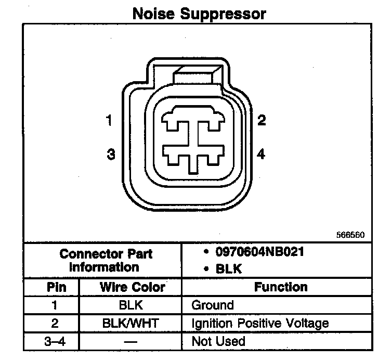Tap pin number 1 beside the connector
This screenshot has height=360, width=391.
[109, 121]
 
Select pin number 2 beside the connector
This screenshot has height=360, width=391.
[262, 121]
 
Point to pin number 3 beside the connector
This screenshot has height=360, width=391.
[110, 155]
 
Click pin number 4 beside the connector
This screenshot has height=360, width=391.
[261, 155]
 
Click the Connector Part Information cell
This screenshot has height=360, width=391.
[106, 260]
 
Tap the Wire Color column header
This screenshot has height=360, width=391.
[132, 287]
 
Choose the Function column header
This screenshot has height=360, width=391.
[281, 287]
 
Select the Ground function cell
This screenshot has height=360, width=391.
[213, 305]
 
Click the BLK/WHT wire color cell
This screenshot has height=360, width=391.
[131, 323]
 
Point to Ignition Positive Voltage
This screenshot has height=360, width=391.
[260, 323]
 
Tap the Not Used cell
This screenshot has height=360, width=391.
[218, 341]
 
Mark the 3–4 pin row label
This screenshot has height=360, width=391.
[54, 341]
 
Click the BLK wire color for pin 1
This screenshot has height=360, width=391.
[131, 305]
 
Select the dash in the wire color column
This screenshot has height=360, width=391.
[131, 342]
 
